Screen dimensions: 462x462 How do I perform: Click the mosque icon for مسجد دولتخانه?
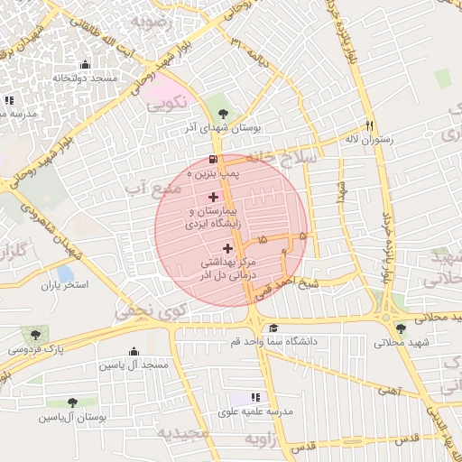point(86,64)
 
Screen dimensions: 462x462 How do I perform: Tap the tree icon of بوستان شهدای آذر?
point(223,114)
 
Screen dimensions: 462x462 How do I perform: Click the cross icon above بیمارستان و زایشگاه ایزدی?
point(213,196)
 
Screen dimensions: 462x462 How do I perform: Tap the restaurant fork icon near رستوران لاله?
point(369,125)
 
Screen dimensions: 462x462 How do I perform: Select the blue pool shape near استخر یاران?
point(64,273)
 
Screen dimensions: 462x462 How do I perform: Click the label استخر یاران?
point(64,286)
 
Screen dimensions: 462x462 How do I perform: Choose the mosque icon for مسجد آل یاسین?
point(134,351)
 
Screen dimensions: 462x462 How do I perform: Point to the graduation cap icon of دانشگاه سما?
point(273,328)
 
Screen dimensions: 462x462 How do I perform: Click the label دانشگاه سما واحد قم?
point(274,342)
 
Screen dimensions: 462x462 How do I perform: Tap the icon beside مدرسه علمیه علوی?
point(255,397)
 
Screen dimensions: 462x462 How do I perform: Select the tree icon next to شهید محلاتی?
point(400,328)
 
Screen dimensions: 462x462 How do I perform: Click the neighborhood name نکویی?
point(171,102)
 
